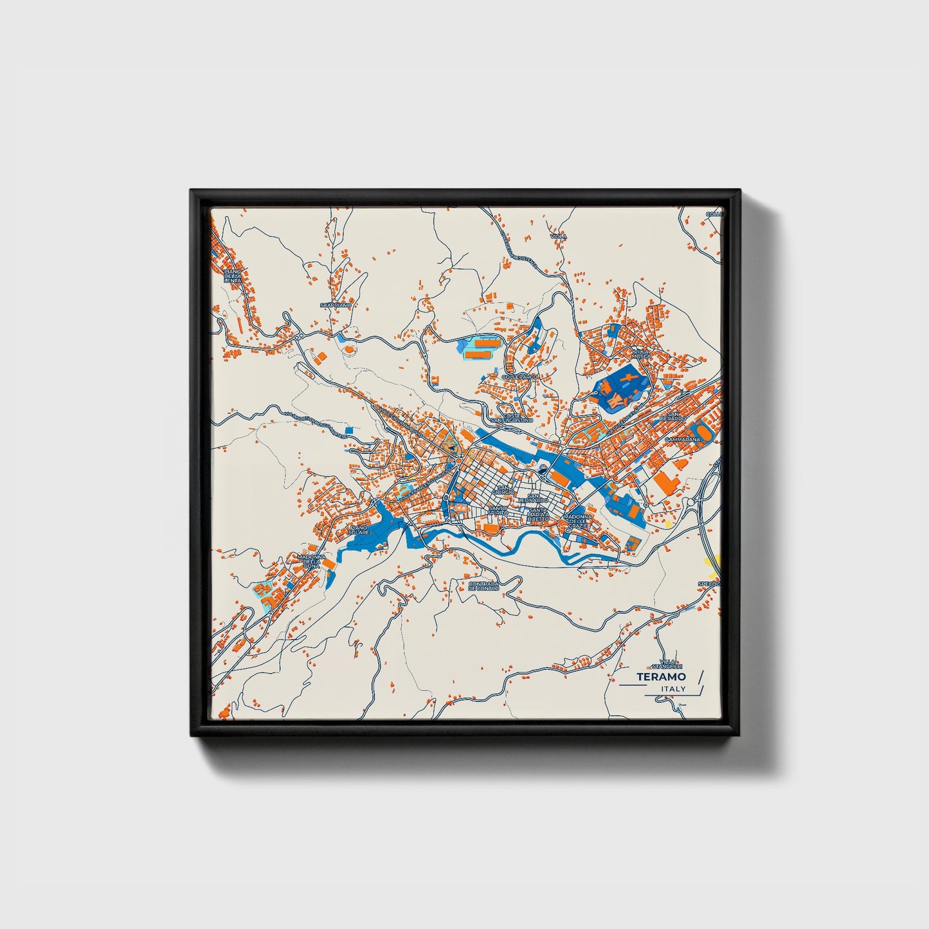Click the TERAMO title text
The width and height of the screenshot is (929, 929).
tap(661, 677)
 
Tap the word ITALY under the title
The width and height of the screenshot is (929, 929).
tap(673, 689)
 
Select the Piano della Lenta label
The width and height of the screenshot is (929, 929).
tap(232, 276)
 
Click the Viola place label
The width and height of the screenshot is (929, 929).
tap(559, 237)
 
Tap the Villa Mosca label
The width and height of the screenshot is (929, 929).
tap(641, 354)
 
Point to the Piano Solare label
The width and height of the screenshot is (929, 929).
tap(359, 530)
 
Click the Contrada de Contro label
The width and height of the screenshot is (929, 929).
tap(483, 586)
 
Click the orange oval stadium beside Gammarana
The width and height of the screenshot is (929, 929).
tap(703, 431)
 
